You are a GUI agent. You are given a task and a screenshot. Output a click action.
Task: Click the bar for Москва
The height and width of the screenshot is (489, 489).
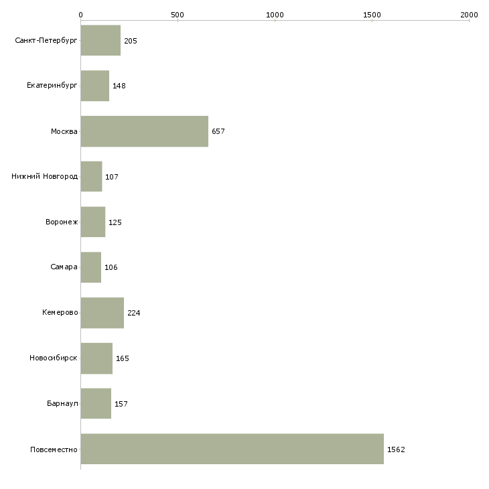[145, 131]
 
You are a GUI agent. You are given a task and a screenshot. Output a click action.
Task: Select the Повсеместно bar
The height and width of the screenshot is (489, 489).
[232, 449]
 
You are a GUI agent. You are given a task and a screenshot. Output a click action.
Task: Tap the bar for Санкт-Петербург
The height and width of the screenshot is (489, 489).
[100, 40]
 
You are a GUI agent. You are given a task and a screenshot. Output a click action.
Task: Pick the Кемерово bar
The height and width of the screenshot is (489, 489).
[102, 313]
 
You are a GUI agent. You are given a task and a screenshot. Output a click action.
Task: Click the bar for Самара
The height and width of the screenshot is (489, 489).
[91, 267]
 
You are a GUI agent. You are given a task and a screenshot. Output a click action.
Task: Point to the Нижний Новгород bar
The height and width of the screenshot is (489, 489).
[91, 177]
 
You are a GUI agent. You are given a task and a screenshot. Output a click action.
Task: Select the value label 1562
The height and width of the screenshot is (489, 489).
[396, 449]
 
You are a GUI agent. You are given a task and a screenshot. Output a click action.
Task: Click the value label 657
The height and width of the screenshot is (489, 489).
[218, 131]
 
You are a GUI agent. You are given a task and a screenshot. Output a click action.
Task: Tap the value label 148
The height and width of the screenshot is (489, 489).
[119, 86]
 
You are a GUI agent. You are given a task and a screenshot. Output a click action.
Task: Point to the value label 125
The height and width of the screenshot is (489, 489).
[115, 222]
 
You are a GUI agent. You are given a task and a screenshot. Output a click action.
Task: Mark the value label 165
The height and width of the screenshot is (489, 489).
[123, 358]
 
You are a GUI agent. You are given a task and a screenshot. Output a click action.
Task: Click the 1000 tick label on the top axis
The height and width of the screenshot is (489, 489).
[275, 15]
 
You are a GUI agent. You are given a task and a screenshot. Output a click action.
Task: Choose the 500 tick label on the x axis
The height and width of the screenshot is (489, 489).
[178, 15]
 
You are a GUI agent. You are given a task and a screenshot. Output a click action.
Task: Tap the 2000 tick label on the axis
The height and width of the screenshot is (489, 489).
[469, 15]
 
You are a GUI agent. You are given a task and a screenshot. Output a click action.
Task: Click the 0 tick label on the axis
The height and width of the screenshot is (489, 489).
[81, 15]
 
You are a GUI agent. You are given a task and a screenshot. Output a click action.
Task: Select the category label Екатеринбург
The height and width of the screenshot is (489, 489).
[52, 86]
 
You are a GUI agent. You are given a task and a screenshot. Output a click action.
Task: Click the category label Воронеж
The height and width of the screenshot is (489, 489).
[62, 222]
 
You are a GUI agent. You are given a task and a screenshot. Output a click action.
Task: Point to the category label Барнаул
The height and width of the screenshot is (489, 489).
[62, 403]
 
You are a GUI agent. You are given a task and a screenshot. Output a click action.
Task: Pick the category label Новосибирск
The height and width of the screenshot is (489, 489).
[54, 358]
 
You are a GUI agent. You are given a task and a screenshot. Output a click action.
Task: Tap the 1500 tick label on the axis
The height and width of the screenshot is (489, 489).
[372, 15]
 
